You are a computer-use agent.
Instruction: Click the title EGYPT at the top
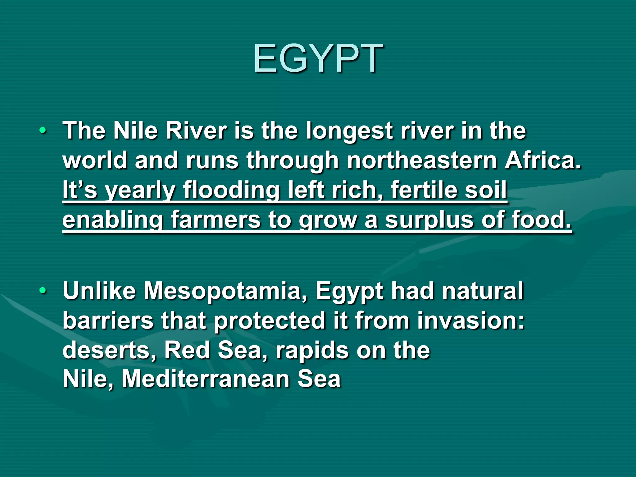pos(318,59)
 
